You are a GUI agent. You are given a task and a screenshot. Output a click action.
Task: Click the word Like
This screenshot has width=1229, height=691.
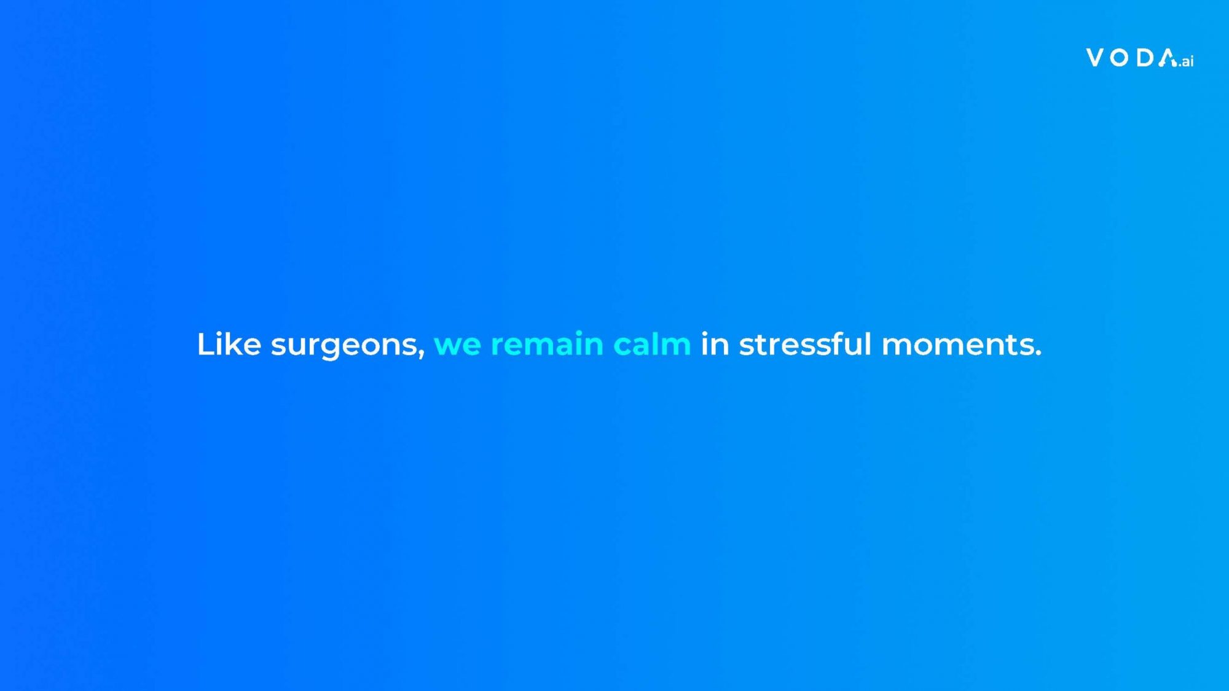(x=229, y=344)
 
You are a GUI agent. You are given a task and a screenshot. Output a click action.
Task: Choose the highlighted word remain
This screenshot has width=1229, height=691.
(x=547, y=344)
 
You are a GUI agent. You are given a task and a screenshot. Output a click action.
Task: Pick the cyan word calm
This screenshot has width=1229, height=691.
(x=652, y=344)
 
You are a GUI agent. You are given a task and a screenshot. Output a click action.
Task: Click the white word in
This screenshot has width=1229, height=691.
(x=715, y=344)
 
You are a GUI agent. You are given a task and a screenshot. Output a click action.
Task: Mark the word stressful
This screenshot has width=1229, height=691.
(x=805, y=344)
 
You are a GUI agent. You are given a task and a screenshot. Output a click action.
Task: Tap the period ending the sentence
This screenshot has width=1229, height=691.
(x=1037, y=353)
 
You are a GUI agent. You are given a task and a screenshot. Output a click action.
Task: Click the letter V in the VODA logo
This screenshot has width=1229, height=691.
(x=1096, y=58)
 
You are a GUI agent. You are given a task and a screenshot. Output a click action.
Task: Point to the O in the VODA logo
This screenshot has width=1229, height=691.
(x=1120, y=58)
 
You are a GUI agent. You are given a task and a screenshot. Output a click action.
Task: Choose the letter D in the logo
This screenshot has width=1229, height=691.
(x=1145, y=58)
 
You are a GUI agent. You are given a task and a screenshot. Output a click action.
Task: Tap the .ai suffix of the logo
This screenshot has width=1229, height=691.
(x=1186, y=61)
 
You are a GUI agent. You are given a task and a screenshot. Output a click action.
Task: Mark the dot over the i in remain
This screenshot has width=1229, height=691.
(x=583, y=334)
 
